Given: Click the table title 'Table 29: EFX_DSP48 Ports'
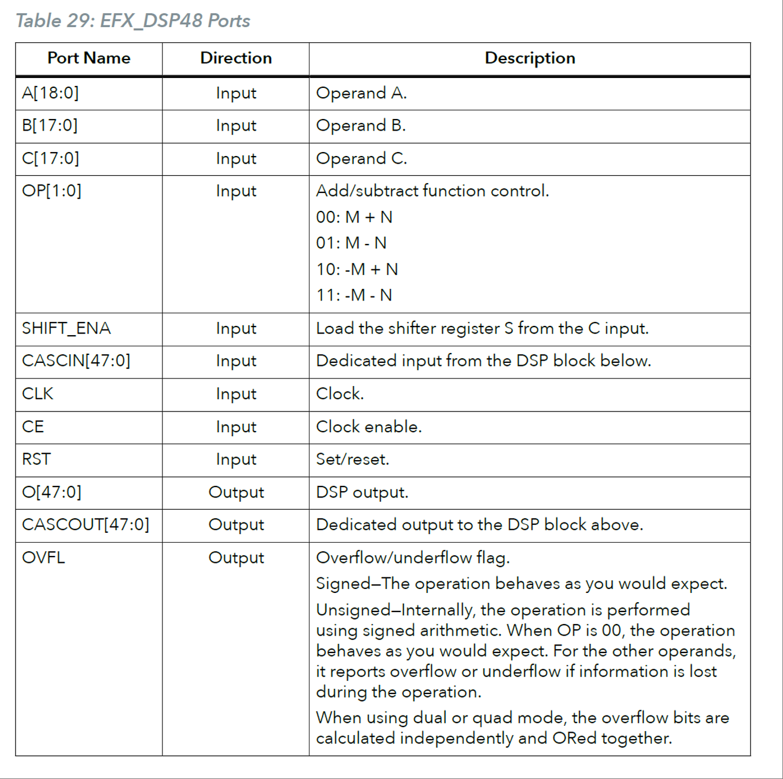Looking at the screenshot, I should click(132, 21).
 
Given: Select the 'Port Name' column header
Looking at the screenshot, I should click(88, 58).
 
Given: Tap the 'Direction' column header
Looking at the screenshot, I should click(235, 58).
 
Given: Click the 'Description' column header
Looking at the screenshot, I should click(530, 58).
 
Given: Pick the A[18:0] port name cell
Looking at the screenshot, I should click(50, 93).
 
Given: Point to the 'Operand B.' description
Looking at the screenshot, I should click(361, 126).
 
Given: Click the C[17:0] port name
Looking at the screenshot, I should click(50, 158).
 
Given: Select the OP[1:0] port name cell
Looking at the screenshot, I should click(51, 191).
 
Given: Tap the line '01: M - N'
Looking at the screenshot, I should click(351, 243).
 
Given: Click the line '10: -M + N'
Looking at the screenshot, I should click(357, 269).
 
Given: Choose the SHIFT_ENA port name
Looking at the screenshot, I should click(66, 328).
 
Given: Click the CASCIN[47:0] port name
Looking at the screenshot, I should click(76, 361).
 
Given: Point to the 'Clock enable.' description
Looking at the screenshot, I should click(369, 426).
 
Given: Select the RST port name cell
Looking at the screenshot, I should click(36, 459).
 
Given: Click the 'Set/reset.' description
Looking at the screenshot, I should click(353, 459).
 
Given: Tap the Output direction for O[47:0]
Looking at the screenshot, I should click(236, 492).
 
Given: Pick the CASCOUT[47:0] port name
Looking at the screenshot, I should click(85, 525).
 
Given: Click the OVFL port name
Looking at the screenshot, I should click(43, 558).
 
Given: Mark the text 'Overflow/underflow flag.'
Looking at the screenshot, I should click(413, 558).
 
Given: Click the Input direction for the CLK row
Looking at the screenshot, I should click(236, 394).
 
